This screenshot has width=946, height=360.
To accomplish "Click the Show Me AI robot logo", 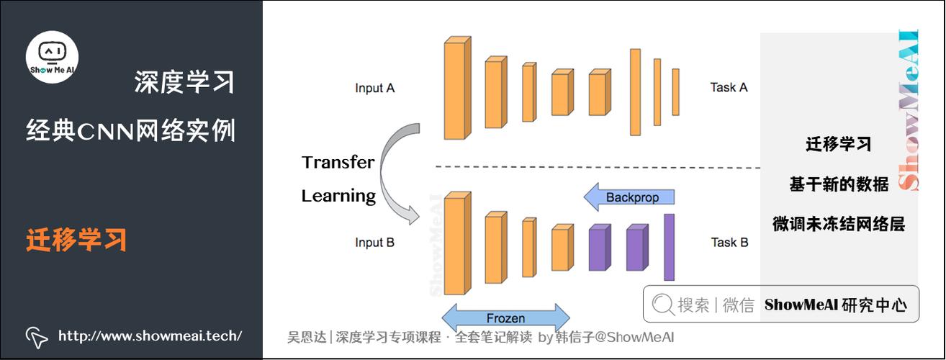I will click(x=52, y=57).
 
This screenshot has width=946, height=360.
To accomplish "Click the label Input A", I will click(x=374, y=89).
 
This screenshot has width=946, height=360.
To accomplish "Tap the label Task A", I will click(x=729, y=88).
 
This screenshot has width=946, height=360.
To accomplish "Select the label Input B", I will click(x=374, y=243).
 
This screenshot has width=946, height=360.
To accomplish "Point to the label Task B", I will click(x=729, y=243).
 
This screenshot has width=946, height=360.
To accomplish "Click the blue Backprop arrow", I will click(x=631, y=197).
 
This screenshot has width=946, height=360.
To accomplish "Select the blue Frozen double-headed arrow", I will click(x=505, y=318).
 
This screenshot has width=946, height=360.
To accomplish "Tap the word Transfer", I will click(x=338, y=162).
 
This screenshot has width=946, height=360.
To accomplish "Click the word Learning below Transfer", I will click(x=338, y=196).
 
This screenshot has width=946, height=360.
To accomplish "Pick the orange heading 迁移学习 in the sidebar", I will click(x=76, y=240).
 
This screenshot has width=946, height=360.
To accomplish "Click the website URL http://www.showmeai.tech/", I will click(x=150, y=336).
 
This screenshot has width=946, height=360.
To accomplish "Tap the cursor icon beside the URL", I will click(x=36, y=336).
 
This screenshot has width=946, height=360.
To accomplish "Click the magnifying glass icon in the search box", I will click(x=662, y=305).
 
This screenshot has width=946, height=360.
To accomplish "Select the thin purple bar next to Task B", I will click(x=669, y=247).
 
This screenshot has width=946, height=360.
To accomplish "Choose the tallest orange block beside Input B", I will click(x=455, y=245).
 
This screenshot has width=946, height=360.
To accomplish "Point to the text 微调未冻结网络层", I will click(x=838, y=224).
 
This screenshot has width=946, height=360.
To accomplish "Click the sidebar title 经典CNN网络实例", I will click(x=130, y=132).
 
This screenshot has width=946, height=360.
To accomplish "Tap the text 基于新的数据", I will click(x=838, y=184).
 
